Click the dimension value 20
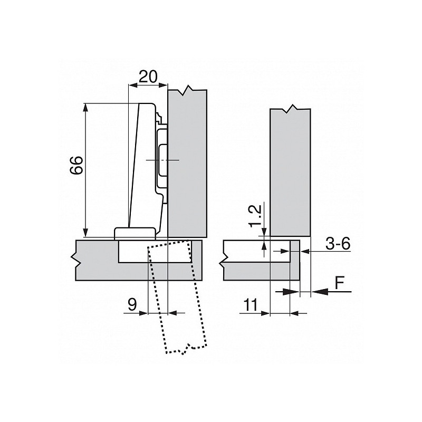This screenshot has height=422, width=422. (x=148, y=76)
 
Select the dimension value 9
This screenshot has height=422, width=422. (x=132, y=304)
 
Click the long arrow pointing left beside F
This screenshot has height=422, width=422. (x=322, y=291)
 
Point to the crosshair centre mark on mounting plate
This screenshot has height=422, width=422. (x=164, y=159)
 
